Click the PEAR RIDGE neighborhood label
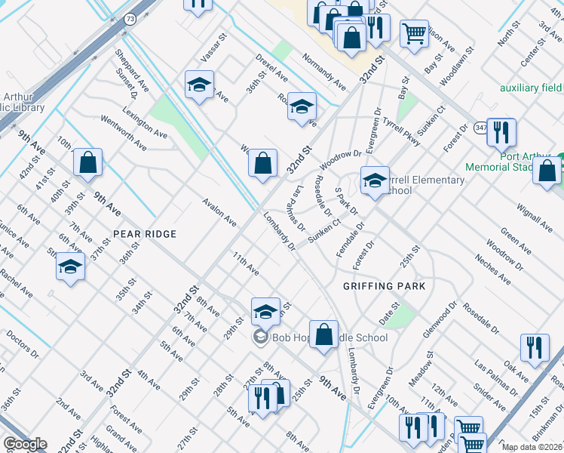click(x=145, y=234)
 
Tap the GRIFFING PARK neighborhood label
click(x=384, y=286)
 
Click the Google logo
click(x=25, y=444)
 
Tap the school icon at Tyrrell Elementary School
click(x=375, y=180)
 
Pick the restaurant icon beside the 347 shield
click(x=501, y=132)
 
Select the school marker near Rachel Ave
click(x=71, y=267)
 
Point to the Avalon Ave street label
click(x=219, y=211)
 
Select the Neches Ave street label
click(x=493, y=270)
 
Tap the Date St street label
click(x=389, y=309)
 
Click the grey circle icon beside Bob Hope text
click(x=261, y=337)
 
